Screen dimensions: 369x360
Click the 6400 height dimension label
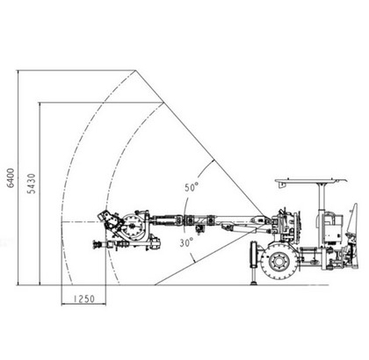[x=11, y=178]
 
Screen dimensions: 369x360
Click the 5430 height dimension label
[x=32, y=184]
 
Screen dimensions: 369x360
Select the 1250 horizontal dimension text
[x=84, y=299]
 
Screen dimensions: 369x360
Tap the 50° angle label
[x=192, y=187]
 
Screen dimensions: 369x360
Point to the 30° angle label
[x=186, y=242]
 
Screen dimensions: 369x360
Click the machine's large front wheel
[x=279, y=262]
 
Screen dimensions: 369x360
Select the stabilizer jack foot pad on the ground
[x=253, y=283]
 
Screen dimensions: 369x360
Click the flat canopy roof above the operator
[x=311, y=182]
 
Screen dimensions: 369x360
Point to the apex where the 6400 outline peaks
[x=135, y=70]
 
